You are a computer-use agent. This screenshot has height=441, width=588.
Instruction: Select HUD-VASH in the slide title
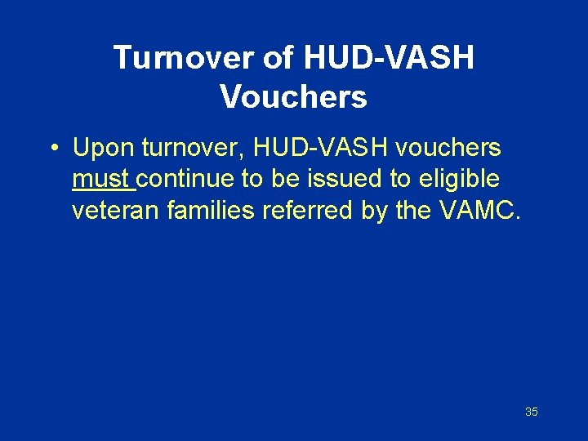tap(389, 58)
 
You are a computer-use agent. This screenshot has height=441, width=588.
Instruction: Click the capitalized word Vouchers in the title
tap(293, 97)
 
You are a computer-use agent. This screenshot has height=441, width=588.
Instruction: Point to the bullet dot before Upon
tap(51, 149)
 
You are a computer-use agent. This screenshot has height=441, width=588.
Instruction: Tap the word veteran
tap(116, 210)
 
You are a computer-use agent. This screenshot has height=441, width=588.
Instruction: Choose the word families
tap(211, 210)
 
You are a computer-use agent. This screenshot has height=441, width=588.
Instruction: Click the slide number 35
tap(531, 412)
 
